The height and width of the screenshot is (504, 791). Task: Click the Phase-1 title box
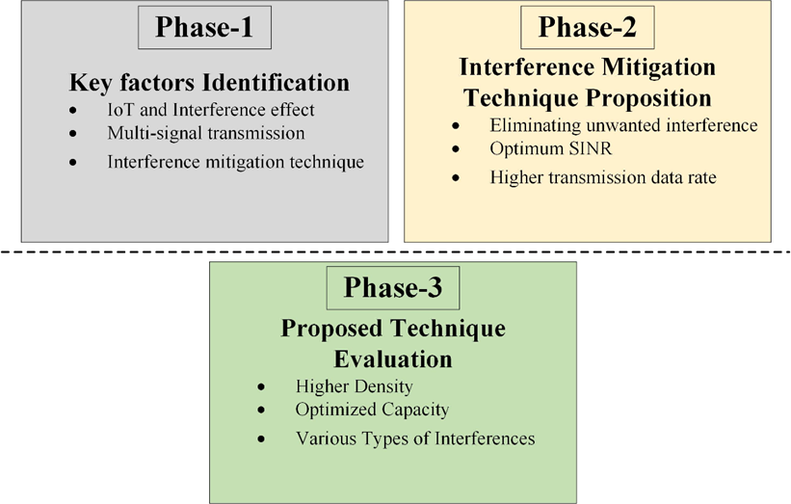(204, 28)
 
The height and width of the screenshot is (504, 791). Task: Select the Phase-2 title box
(587, 28)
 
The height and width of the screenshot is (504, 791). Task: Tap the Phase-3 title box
(393, 288)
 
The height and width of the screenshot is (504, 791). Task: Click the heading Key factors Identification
(209, 83)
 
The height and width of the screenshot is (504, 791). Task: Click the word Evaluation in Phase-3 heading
(393, 359)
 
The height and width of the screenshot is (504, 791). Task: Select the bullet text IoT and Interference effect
(210, 110)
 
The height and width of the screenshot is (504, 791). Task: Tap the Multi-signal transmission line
(206, 133)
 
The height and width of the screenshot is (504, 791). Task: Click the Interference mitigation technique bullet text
(236, 162)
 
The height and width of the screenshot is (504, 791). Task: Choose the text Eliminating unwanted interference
(623, 125)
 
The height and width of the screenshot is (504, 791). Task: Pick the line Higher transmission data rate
(603, 177)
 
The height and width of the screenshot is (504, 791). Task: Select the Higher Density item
(355, 386)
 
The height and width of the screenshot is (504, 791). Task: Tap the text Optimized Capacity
(372, 410)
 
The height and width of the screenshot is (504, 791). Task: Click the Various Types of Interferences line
(415, 438)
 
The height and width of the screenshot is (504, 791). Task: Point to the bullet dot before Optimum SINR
(456, 148)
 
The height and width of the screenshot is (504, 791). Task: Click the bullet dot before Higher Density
(261, 387)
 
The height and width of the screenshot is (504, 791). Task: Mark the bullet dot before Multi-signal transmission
(73, 134)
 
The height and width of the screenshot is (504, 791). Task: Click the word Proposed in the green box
(331, 329)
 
